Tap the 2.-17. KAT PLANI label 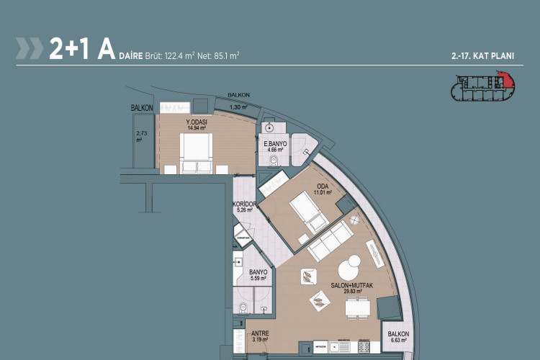click(x=480, y=55)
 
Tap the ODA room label click(x=322, y=189)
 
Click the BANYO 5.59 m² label click(x=258, y=275)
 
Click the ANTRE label click(x=258, y=336)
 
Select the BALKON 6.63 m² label click(x=398, y=337)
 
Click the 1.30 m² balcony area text click(x=238, y=107)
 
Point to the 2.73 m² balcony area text click(x=140, y=137)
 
